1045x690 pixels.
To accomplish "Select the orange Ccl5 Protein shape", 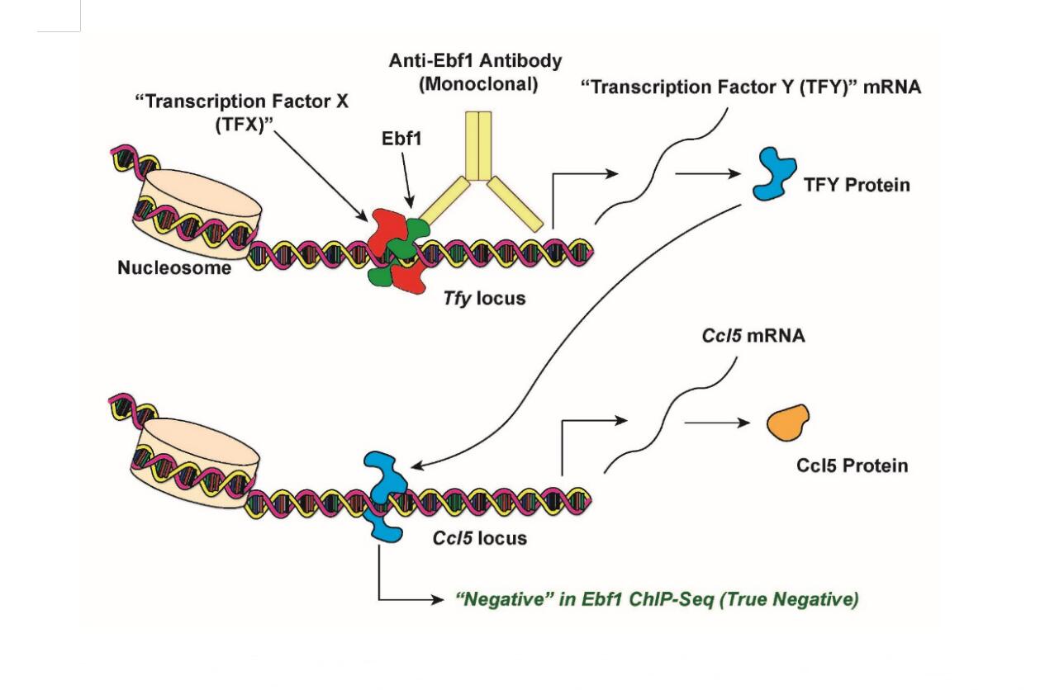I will (788, 423).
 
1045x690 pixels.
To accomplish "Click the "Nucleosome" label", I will (174, 267).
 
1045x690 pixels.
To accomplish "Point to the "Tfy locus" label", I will (484, 298).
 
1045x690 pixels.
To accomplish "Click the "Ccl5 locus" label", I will (480, 538).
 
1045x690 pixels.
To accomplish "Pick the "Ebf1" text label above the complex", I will (401, 139).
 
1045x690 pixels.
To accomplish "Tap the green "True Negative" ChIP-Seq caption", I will (657, 599).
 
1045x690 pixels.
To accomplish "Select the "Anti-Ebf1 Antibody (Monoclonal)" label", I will (475, 73).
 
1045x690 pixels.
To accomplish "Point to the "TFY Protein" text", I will (857, 184).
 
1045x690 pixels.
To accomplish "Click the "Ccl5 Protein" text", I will (852, 466).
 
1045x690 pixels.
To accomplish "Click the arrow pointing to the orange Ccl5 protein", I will (716, 423).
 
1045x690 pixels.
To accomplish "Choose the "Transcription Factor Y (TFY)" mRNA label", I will (751, 87).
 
